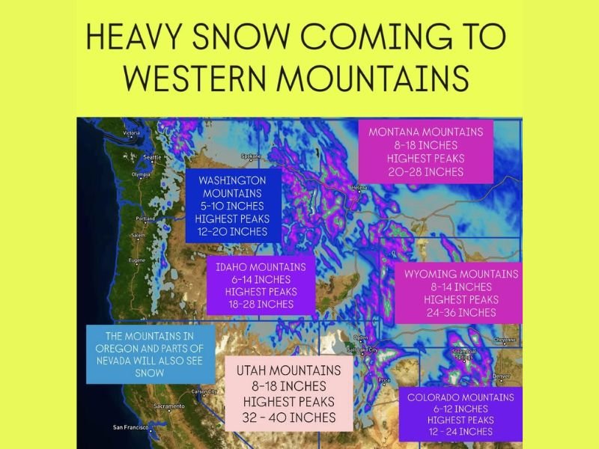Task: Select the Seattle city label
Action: click(x=153, y=157)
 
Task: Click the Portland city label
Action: click(x=145, y=219)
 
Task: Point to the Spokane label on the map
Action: click(x=250, y=156)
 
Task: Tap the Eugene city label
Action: click(x=137, y=260)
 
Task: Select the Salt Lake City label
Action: click(x=362, y=349)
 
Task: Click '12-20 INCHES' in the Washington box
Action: click(x=232, y=231)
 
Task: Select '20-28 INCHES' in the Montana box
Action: click(x=425, y=172)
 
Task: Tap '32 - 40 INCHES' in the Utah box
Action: click(x=289, y=418)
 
